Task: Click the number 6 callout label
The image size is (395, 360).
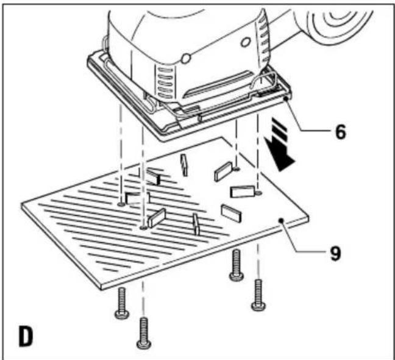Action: coord(341,131)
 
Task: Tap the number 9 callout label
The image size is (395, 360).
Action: coord(335,253)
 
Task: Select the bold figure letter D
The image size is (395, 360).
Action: coord(26,336)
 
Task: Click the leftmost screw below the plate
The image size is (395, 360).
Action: coord(122,303)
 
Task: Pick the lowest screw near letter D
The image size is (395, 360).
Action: coord(144,333)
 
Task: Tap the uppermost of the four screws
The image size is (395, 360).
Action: coord(237,265)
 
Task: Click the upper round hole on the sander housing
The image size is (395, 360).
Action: coord(245,42)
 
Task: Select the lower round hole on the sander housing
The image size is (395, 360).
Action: coord(186,59)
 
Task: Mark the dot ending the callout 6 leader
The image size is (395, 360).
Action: coord(286,98)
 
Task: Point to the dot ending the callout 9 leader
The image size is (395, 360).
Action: coord(281,221)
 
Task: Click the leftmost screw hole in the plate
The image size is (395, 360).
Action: coord(121,204)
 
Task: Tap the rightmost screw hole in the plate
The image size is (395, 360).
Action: coord(258,193)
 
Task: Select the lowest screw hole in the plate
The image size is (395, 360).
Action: coord(143,228)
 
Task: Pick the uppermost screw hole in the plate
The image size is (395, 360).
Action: coord(236,168)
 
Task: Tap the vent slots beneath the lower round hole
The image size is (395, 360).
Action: coord(165,82)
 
